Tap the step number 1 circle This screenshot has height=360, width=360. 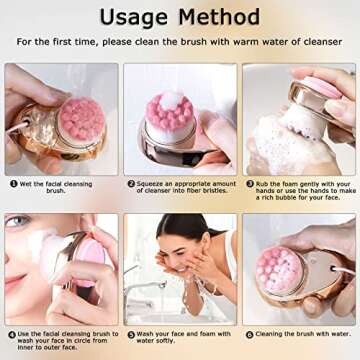tap(13, 184)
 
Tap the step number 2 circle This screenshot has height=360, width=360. tap(130, 184)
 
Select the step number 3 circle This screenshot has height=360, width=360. tap(247, 184)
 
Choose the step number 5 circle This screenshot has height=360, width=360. tap(130, 334)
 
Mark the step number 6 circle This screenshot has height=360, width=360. tap(248, 334)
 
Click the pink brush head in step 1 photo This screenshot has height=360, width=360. tap(80, 118)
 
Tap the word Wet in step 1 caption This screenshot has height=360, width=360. tap(27, 184)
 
